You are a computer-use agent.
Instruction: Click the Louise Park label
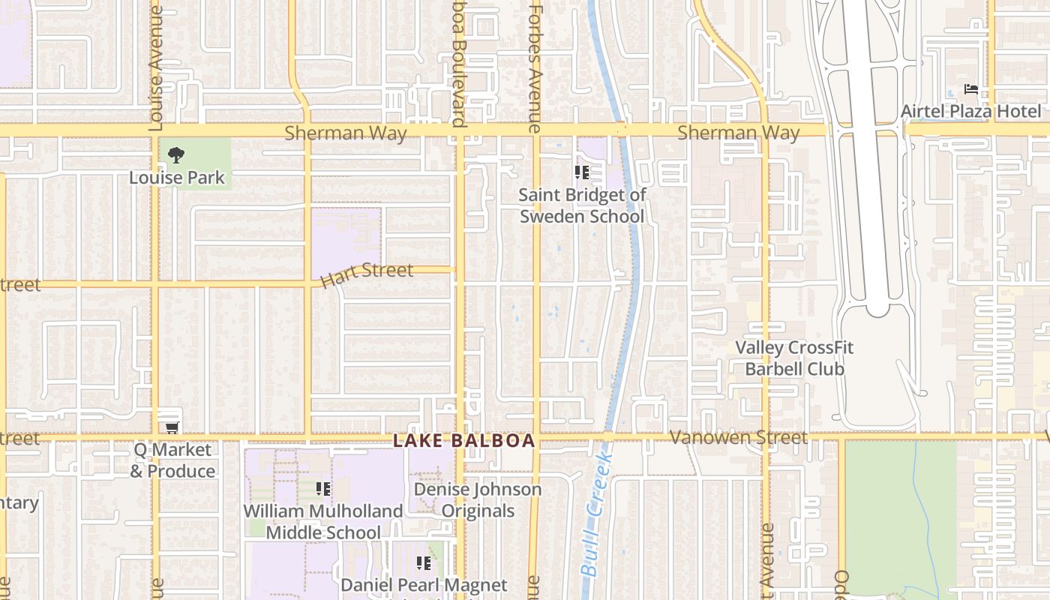[177, 178]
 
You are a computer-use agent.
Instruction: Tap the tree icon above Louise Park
[176, 156]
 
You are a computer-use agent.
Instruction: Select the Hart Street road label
[367, 274]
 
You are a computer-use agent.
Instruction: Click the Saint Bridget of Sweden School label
[582, 205]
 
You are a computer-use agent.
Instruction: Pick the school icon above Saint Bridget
[581, 173]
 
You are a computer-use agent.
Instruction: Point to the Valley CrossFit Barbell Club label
[794, 358]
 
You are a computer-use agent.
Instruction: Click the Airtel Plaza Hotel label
[971, 112]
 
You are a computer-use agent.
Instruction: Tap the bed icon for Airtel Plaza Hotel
[971, 90]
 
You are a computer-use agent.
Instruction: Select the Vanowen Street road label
[739, 437]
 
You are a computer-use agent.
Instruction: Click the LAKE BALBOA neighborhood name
[464, 441]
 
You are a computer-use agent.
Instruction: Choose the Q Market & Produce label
[172, 460]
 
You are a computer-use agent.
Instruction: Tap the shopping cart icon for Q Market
[172, 427]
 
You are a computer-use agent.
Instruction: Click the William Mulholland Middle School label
[323, 521]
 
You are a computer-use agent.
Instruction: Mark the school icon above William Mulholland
[323, 490]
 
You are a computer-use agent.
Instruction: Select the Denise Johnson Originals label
[478, 500]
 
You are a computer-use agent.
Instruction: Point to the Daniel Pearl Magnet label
[424, 585]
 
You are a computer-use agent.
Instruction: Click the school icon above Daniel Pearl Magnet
[424, 562]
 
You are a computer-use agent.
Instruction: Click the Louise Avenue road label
[156, 67]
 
